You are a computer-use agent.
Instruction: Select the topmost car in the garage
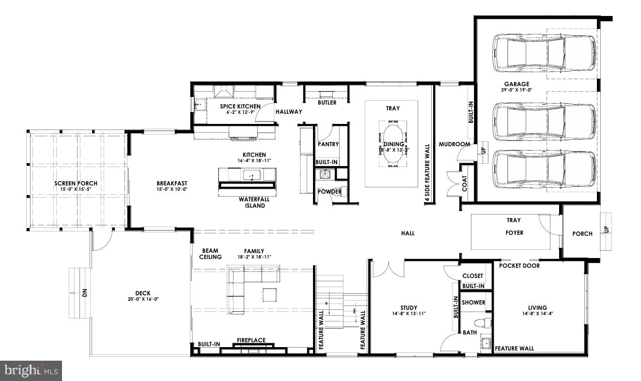tap(544, 53)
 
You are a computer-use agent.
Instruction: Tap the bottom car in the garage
tap(544, 169)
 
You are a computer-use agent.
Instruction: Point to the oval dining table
tap(393, 144)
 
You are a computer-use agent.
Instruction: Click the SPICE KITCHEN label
tap(240, 107)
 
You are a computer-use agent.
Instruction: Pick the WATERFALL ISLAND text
tap(254, 202)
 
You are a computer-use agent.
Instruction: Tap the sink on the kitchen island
tap(251, 175)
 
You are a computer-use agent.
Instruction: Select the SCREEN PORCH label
tap(76, 183)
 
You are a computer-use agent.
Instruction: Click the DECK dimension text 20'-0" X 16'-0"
tap(143, 299)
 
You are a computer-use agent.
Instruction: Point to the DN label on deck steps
tap(84, 293)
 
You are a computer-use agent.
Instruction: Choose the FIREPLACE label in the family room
tap(251, 340)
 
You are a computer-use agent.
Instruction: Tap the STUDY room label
tap(408, 307)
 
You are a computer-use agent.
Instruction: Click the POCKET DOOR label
tap(519, 266)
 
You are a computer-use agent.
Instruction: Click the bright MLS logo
tap(31, 371)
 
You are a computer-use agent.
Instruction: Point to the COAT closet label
tap(465, 183)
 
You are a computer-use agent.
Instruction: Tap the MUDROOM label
tap(454, 144)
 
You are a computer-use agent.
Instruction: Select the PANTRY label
tap(328, 144)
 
